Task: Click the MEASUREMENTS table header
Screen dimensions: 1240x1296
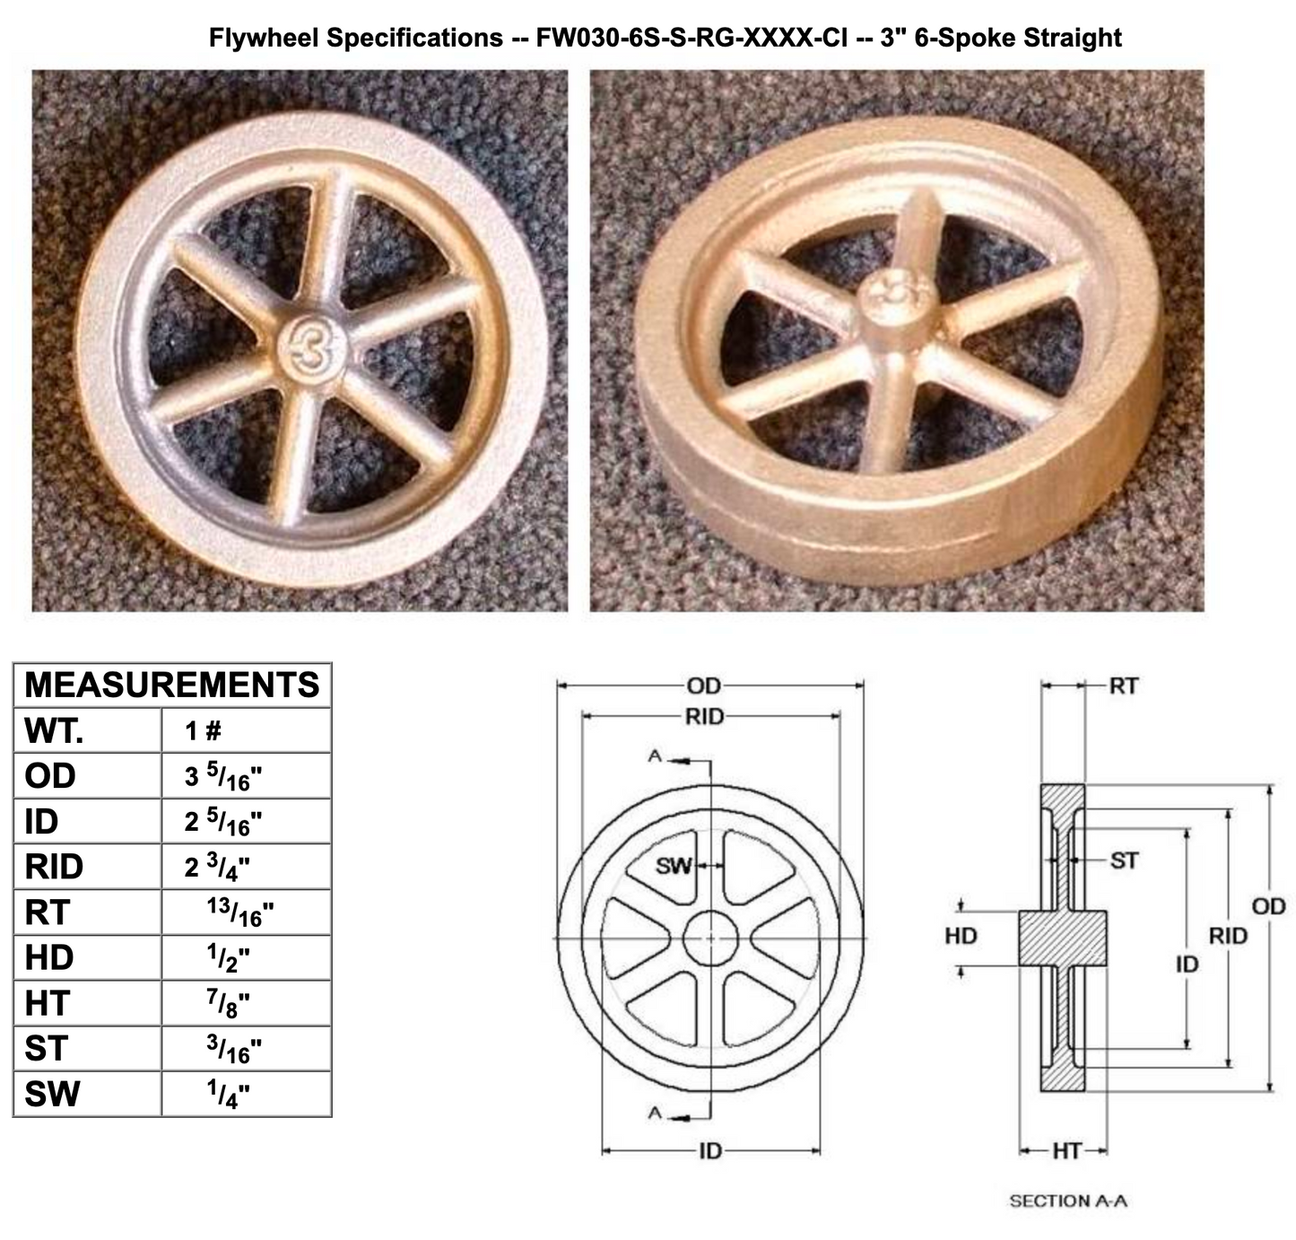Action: point(172,685)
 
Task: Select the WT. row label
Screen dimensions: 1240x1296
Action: point(54,731)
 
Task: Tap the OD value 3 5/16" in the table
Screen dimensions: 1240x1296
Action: point(223,776)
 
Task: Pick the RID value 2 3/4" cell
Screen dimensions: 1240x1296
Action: point(218,867)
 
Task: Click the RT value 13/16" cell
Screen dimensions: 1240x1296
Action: point(239,912)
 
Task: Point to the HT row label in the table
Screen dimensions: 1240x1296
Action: point(47,1003)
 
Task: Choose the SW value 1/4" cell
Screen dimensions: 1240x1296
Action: point(228,1094)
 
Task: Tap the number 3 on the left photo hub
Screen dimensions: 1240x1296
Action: point(312,348)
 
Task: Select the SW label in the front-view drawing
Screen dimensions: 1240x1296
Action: point(674,866)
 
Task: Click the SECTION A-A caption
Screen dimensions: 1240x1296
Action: point(1067,1201)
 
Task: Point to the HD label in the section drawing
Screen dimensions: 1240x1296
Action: point(961,937)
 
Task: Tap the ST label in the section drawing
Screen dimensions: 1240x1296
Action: point(1124,861)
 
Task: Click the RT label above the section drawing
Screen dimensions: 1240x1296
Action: point(1123,686)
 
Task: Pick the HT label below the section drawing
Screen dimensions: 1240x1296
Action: point(1066,1150)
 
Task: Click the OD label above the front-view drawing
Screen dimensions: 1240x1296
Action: point(704,686)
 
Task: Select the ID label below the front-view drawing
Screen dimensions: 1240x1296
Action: point(709,1150)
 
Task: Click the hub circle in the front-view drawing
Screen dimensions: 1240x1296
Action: point(710,939)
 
